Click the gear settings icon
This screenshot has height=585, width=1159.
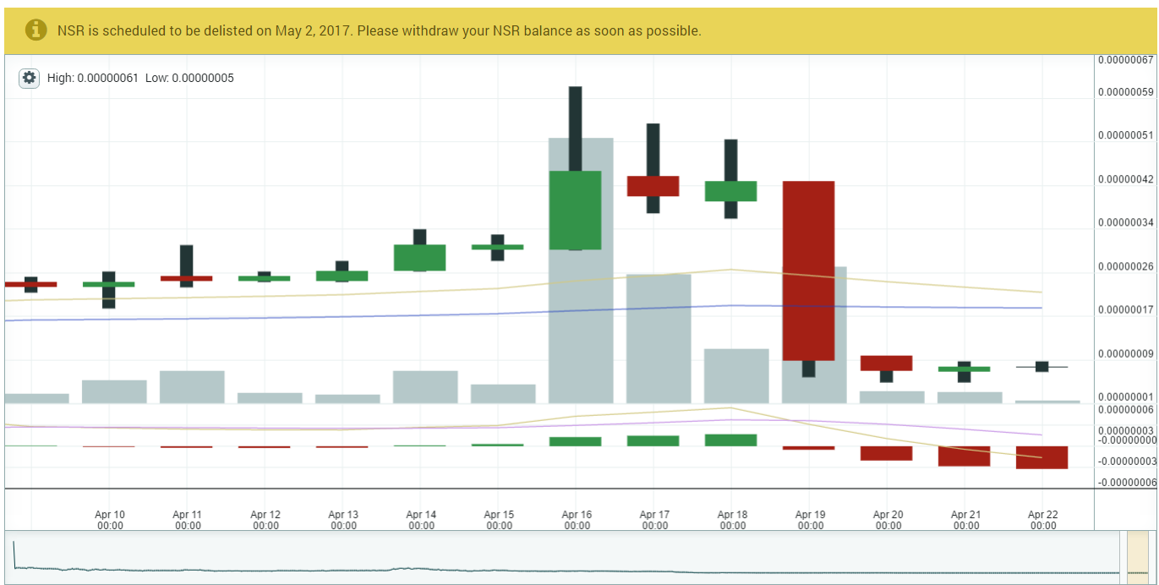30,78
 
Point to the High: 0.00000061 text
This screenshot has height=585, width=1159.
92,78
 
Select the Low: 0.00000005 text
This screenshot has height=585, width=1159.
189,78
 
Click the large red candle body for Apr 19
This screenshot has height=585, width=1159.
808,271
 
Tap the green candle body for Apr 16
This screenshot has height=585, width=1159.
575,210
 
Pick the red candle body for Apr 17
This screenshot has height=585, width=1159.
653,186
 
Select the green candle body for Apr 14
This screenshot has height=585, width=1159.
419,258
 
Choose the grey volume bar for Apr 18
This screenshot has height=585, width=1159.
736,376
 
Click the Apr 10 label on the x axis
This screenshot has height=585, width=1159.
110,520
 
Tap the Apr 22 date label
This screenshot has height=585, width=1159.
1043,520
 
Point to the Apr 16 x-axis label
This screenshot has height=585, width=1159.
577,520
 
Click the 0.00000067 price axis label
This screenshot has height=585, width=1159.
1125,60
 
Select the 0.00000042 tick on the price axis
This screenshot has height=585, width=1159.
1125,179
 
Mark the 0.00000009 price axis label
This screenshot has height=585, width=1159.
1125,353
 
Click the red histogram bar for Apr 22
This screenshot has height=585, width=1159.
1041,457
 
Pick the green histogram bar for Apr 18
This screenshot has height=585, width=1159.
730,440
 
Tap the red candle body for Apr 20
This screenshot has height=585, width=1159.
886,363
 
